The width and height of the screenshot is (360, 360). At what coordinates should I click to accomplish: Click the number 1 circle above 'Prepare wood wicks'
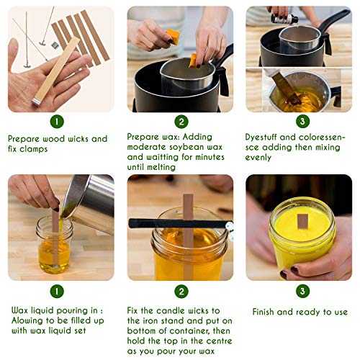point(55,122)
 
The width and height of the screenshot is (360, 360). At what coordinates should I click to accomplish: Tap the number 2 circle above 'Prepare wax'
point(181,122)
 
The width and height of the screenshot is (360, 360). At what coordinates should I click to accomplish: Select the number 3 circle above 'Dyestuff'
point(300,122)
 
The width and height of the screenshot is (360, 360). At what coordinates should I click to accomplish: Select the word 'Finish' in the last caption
point(266,312)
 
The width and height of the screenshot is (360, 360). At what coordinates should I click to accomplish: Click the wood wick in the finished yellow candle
point(302,220)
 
